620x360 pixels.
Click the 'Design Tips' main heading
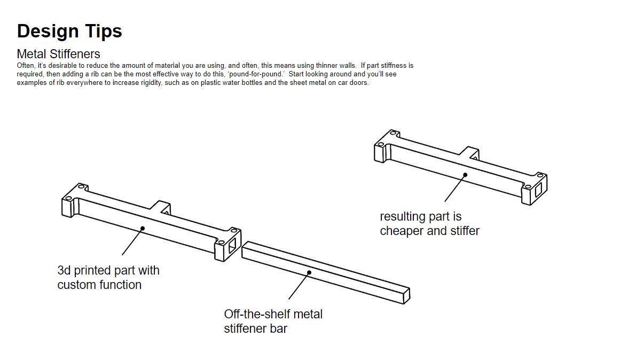point(69,31)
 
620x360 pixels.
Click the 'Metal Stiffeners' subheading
point(58,54)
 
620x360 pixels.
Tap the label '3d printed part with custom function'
point(108,277)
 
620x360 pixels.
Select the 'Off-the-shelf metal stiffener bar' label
point(273,321)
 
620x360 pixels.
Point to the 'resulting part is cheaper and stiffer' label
point(429,224)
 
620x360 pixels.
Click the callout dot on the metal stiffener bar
point(309,273)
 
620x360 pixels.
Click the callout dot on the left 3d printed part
point(143,228)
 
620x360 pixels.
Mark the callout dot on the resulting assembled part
point(465,174)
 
